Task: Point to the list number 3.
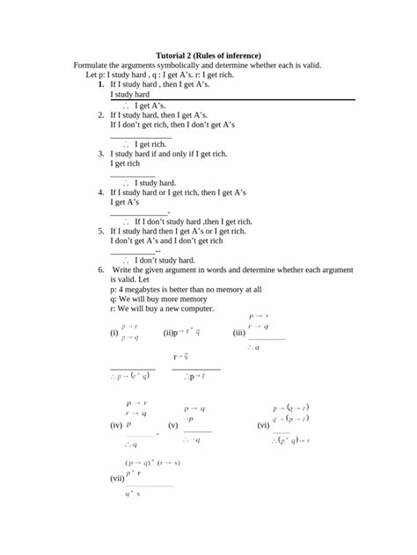(x=101, y=153)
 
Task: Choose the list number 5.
(x=101, y=230)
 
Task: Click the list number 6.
(x=101, y=269)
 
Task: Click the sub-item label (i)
(x=113, y=333)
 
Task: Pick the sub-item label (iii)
(x=238, y=333)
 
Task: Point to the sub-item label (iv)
(x=115, y=425)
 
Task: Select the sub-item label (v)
(x=173, y=425)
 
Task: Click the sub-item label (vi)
(x=263, y=425)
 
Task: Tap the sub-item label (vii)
(x=117, y=479)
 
